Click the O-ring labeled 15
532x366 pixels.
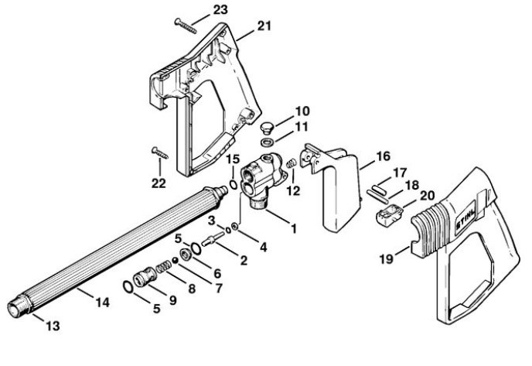tap(232, 185)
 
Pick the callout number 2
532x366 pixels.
tap(244, 260)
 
